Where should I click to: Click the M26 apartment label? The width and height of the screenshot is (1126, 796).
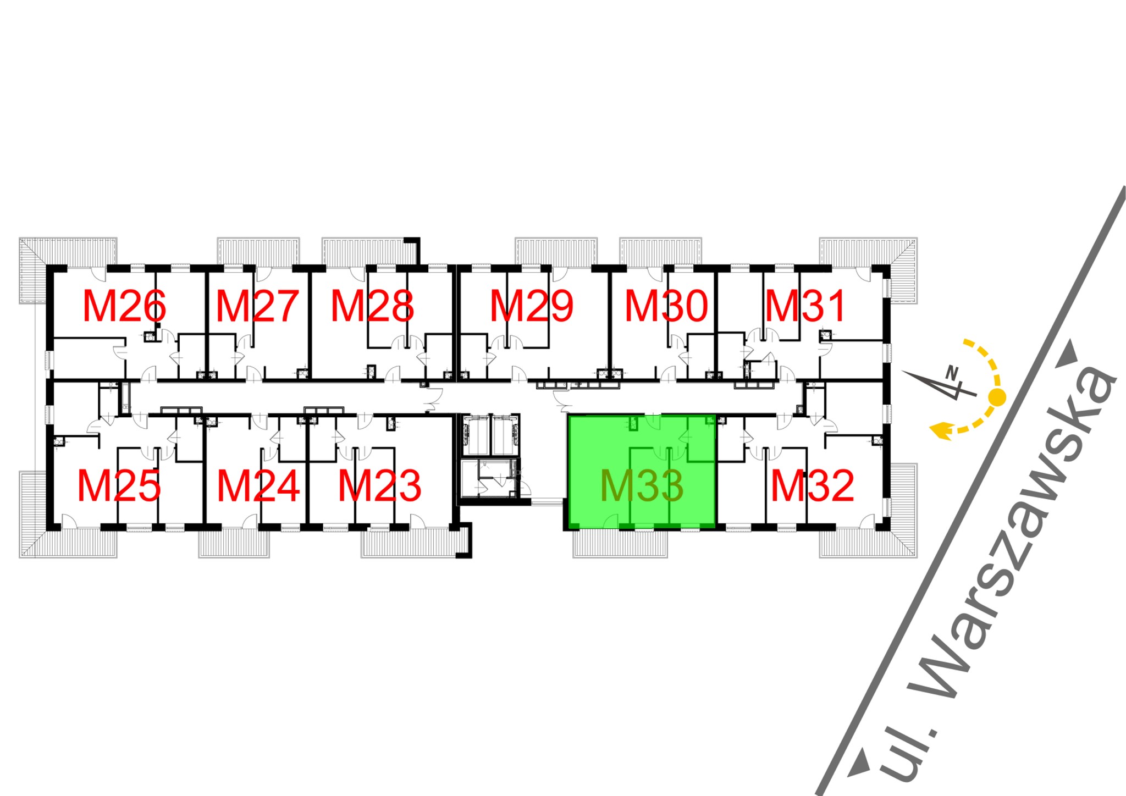click(x=124, y=306)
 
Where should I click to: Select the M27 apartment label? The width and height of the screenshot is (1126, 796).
click(x=257, y=306)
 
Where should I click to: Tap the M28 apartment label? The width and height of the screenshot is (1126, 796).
click(x=372, y=306)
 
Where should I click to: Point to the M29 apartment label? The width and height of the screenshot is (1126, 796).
click(x=532, y=306)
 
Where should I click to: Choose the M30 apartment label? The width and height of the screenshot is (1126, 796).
click(x=666, y=306)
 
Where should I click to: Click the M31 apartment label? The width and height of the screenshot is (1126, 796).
click(x=805, y=306)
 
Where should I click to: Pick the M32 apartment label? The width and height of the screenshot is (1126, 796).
click(x=812, y=486)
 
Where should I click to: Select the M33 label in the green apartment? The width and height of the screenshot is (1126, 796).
click(x=642, y=486)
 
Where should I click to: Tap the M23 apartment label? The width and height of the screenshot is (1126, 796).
click(x=379, y=486)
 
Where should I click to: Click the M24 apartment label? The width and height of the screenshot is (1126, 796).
click(x=258, y=486)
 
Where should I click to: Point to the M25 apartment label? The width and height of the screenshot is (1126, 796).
click(x=119, y=486)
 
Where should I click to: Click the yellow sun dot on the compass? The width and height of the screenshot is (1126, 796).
click(x=997, y=396)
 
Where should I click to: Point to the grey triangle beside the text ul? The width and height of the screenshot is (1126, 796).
click(x=859, y=764)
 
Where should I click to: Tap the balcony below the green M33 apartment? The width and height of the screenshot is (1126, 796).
click(x=620, y=544)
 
